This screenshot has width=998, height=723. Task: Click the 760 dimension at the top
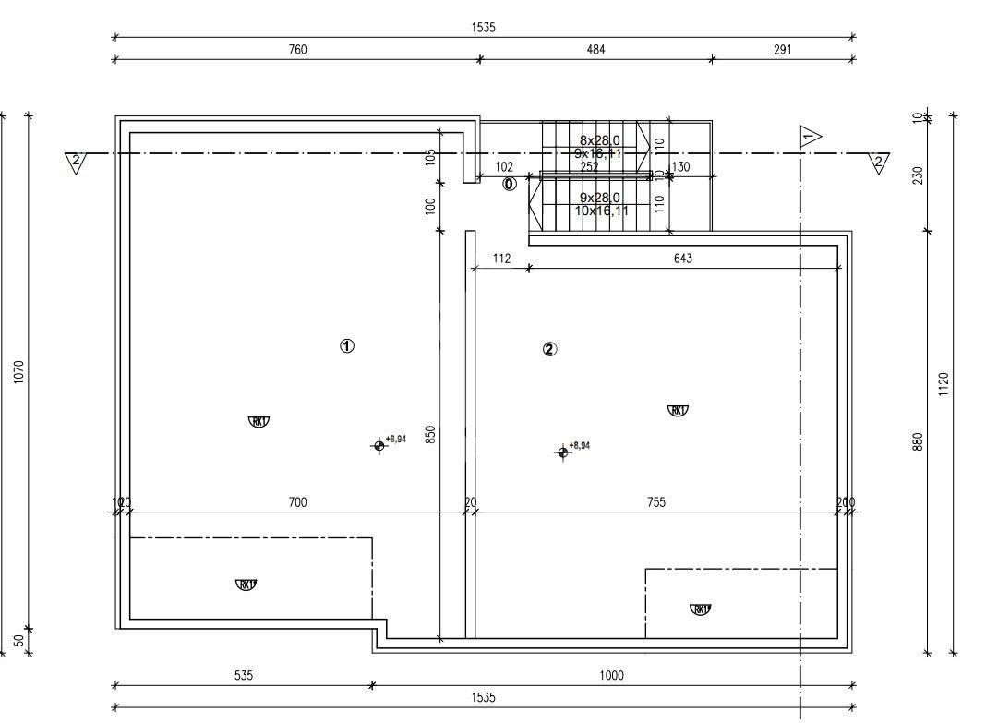coord(297,50)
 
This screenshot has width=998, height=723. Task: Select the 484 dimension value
coord(595,50)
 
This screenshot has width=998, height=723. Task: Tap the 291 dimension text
coord(782,50)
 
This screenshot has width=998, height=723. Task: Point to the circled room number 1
coord(347,346)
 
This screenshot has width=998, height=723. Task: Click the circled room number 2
coord(550,349)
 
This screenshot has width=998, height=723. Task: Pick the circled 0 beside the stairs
coord(509,184)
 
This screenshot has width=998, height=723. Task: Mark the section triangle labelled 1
coord(809,138)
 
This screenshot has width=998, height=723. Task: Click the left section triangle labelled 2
coord(76,163)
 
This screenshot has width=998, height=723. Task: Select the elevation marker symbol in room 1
coord(379,446)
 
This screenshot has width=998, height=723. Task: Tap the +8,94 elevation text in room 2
coord(579,446)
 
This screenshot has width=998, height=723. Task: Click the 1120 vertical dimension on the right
coord(943,384)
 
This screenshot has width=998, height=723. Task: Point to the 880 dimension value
coord(917,443)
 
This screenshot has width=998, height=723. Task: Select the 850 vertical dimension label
coord(430,435)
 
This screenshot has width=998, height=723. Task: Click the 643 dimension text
coord(682,259)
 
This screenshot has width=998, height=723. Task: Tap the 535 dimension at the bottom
coord(243,676)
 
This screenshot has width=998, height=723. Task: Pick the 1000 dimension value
coord(611,676)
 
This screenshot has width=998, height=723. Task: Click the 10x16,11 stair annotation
coord(601,211)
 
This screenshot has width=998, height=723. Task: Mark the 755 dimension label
coord(655,502)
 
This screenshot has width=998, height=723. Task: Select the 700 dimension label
coord(297,502)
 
